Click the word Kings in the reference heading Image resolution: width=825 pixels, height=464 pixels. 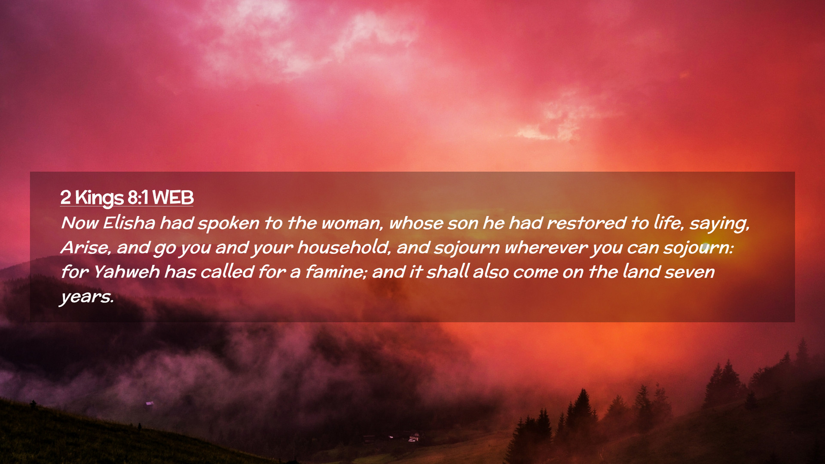pos(99,198)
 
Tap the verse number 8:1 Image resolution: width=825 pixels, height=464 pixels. pos(138,198)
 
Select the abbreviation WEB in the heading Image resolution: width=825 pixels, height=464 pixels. pos(173,198)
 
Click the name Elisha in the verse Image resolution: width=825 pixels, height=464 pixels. pos(129,223)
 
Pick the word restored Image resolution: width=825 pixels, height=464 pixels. pos(586,223)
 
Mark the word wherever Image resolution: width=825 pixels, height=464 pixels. pos(546,248)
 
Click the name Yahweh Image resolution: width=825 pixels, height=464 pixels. pos(126,272)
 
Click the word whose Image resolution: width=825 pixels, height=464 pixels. pos(416,223)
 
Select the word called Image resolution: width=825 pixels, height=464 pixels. pos(227,272)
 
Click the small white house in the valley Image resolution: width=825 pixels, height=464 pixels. pos(414,438)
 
